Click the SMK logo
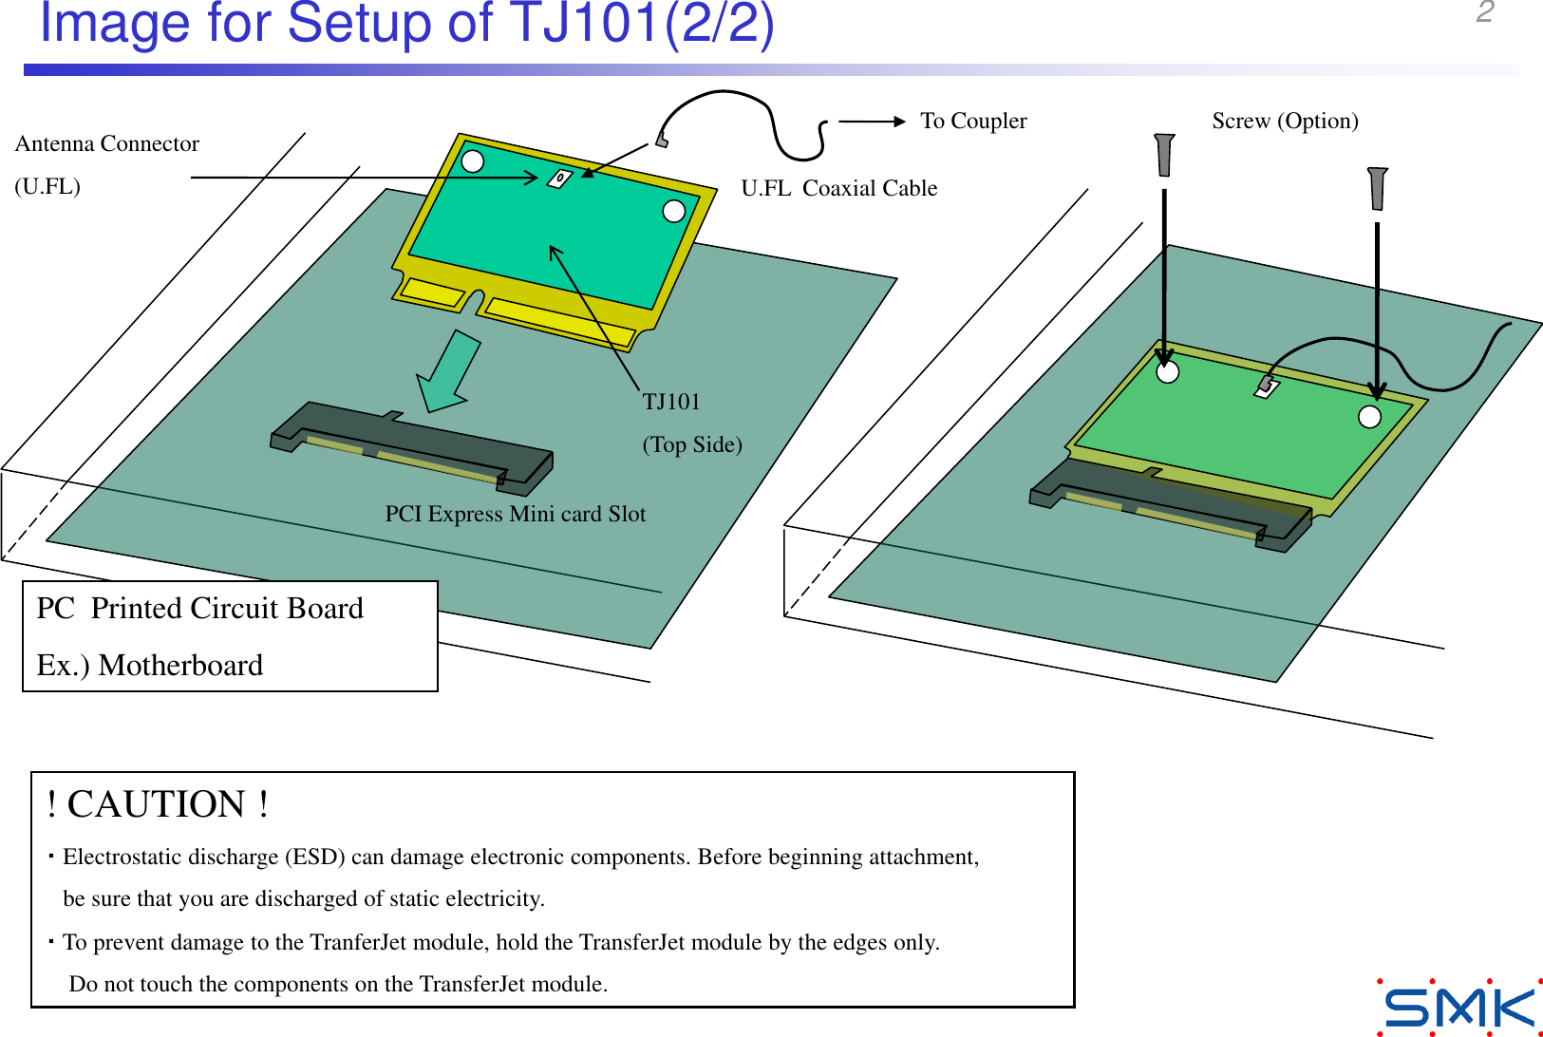point(1459,1008)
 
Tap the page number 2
point(1485,12)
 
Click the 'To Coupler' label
point(972,121)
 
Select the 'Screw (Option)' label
point(1284,121)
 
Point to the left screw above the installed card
point(1164,155)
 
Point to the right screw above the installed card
point(1377,188)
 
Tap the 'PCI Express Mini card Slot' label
point(515,514)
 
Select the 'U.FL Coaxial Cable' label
point(838,188)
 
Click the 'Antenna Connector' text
point(106,143)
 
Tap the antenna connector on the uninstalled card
point(559,178)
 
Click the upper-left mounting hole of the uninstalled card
point(472,160)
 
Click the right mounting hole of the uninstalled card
point(673,211)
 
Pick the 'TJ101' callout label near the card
point(670,402)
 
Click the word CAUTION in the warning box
point(157,804)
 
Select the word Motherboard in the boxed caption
point(180,665)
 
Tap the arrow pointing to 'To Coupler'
point(871,121)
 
